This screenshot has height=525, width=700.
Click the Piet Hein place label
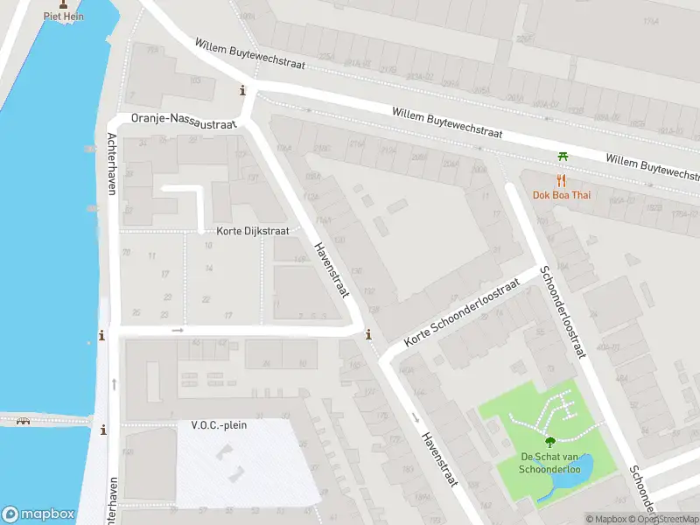pyautogui.click(x=63, y=17)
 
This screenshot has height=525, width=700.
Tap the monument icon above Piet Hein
pyautogui.click(x=63, y=3)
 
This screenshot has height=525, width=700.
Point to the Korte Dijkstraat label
pyautogui.click(x=254, y=232)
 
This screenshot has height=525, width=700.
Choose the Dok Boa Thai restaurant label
pyautogui.click(x=561, y=194)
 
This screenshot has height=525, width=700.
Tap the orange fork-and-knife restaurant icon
pyautogui.click(x=562, y=180)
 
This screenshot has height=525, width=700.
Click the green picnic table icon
pyautogui.click(x=563, y=156)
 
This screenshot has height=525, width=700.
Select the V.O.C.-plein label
pyautogui.click(x=219, y=425)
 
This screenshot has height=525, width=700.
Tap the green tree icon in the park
pyautogui.click(x=551, y=442)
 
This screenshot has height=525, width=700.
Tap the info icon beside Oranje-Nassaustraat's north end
pyautogui.click(x=242, y=90)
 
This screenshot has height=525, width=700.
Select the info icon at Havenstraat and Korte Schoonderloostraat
pyautogui.click(x=368, y=334)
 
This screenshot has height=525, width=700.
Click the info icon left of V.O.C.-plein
pyautogui.click(x=104, y=430)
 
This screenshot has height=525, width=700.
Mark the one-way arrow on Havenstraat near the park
pyautogui.click(x=416, y=416)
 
